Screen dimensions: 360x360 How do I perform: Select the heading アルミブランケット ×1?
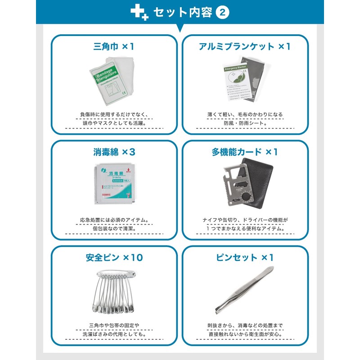tap(245, 46)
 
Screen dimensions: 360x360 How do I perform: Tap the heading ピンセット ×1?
tap(245, 258)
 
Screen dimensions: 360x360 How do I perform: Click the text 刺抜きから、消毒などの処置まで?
tap(245, 325)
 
